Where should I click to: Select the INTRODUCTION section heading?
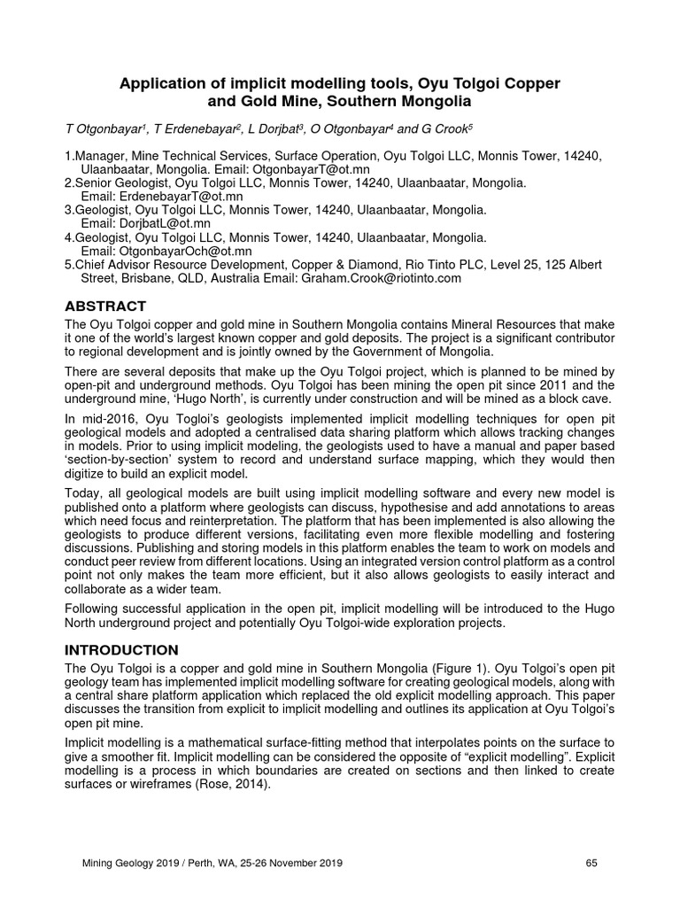coord(121,649)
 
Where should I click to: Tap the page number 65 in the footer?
coord(593,863)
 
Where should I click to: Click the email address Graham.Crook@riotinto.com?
coord(382,277)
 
